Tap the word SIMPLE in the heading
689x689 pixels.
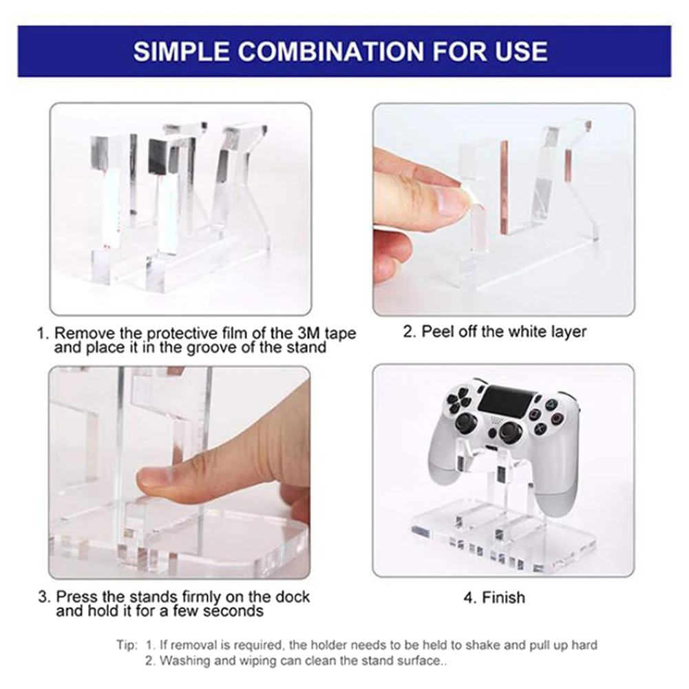point(181,51)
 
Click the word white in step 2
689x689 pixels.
point(520,331)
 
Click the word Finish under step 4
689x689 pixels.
point(504,597)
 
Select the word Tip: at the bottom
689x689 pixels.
point(127,645)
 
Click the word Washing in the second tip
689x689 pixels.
point(180,661)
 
